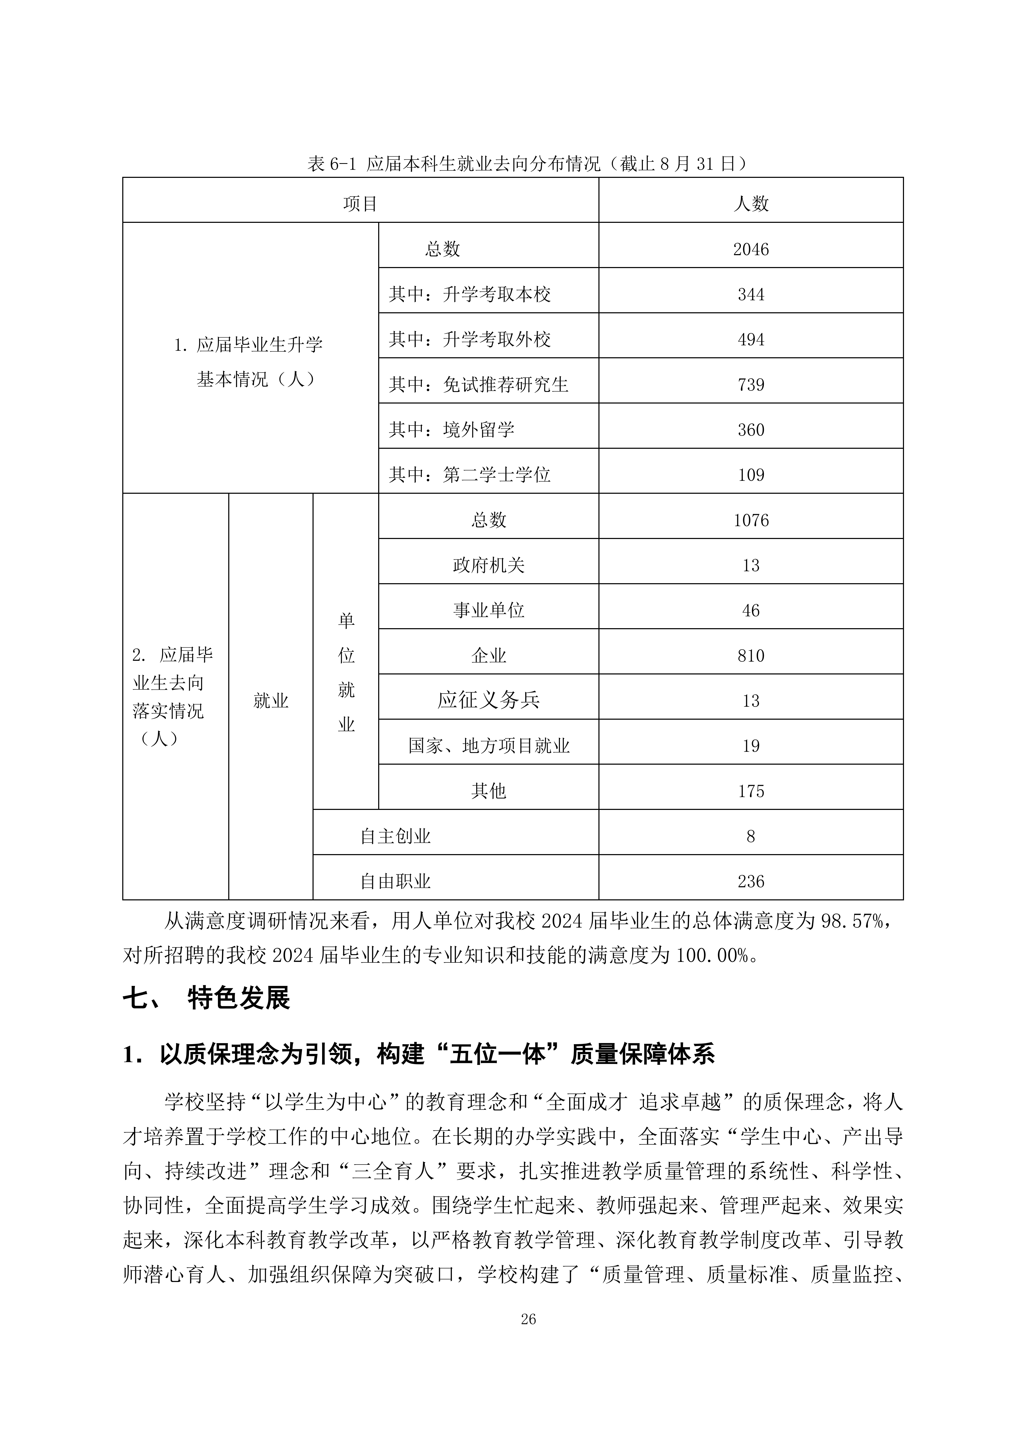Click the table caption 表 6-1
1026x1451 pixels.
[x=528, y=164]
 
